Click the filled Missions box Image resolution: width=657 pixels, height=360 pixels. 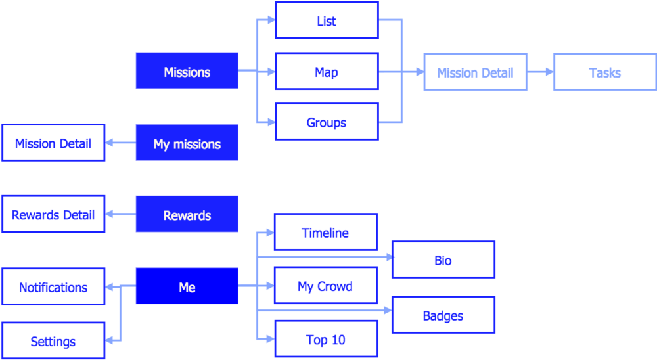187,71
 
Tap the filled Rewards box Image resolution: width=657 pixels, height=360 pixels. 187,214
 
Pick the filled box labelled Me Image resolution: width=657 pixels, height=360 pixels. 187,286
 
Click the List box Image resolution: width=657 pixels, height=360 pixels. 327,20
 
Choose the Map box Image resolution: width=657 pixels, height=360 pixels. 327,71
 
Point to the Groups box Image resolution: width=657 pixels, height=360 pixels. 327,122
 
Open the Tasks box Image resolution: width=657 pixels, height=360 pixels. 604,72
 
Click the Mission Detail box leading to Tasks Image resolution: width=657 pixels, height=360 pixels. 475,72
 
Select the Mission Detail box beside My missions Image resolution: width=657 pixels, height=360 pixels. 53,143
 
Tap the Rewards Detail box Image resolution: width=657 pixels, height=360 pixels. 53,214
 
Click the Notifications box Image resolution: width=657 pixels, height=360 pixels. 53,286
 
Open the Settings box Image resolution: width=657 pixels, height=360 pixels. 53,341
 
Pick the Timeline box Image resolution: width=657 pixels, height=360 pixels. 325,232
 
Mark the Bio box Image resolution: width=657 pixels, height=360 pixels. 443,259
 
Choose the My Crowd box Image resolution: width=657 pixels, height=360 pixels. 325,286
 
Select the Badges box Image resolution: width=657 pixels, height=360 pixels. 443,315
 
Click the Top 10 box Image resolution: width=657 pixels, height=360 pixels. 325,339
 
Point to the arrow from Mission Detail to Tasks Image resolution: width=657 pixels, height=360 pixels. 540,72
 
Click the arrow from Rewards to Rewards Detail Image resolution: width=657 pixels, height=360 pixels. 120,214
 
